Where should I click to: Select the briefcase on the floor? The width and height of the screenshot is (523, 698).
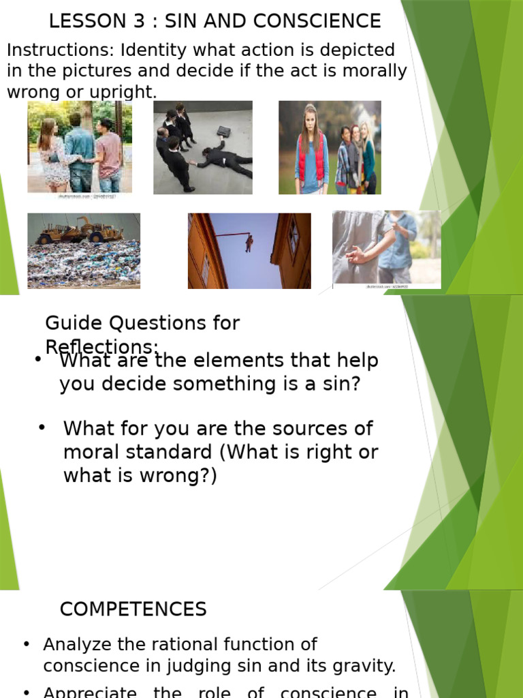(223, 131)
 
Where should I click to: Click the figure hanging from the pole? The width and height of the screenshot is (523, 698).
(249, 243)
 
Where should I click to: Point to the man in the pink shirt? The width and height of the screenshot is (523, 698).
(108, 153)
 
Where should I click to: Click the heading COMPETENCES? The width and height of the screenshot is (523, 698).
(133, 609)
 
